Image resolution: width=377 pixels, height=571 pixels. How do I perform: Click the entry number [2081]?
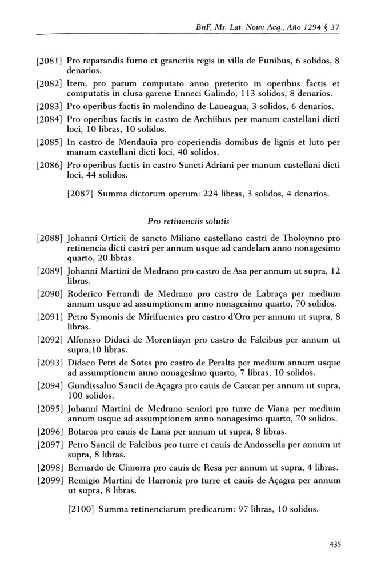tap(50, 61)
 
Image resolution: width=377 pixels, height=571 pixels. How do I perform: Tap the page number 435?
tap(335, 544)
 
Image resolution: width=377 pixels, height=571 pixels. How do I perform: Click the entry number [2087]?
tap(81, 194)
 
